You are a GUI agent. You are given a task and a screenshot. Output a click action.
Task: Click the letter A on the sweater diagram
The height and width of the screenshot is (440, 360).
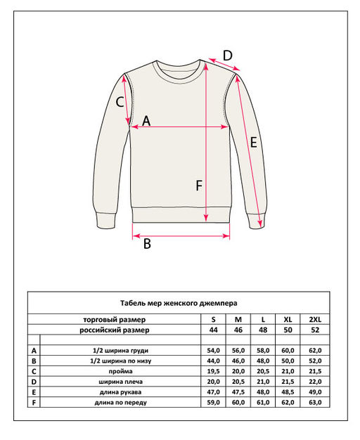pyautogui.click(x=146, y=120)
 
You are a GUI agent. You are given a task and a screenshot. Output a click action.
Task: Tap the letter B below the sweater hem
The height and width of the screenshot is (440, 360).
pyautogui.click(x=147, y=244)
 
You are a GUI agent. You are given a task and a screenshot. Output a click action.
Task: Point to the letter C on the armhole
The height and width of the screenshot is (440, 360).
pyautogui.click(x=120, y=101)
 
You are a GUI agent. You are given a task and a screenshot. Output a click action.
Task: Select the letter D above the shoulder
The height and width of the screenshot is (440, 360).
pyautogui.click(x=227, y=55)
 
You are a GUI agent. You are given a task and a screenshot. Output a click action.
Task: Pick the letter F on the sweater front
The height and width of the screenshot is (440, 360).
pyautogui.click(x=199, y=186)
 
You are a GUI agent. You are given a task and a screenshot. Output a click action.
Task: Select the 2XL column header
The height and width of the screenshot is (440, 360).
pyautogui.click(x=314, y=318)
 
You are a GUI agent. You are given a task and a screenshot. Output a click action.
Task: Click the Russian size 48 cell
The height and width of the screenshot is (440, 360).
pyautogui.click(x=263, y=329)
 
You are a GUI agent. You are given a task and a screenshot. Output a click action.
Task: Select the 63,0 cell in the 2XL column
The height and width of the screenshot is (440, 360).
pyautogui.click(x=314, y=402)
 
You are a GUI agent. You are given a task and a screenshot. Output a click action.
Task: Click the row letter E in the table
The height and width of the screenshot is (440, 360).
pyautogui.click(x=34, y=392)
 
